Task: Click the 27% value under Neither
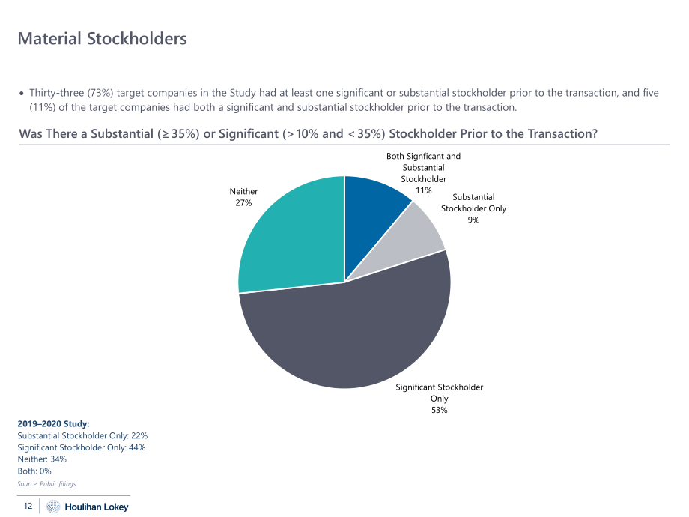pyautogui.click(x=243, y=202)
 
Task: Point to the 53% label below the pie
pyautogui.click(x=439, y=410)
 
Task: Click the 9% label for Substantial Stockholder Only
pyautogui.click(x=473, y=220)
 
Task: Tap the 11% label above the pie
pyautogui.click(x=424, y=190)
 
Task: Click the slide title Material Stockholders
pyautogui.click(x=103, y=39)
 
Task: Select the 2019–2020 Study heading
pyautogui.click(x=53, y=424)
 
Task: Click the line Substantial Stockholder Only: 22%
pyautogui.click(x=82, y=435)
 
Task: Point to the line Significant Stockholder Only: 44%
pyautogui.click(x=82, y=447)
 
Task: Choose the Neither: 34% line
pyautogui.click(x=42, y=459)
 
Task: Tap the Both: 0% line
pyautogui.click(x=34, y=471)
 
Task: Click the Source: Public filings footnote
pyautogui.click(x=47, y=484)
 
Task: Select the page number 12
pyautogui.click(x=28, y=506)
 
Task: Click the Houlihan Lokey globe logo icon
pyautogui.click(x=53, y=507)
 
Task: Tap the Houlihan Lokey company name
pyautogui.click(x=97, y=507)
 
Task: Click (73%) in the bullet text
pyautogui.click(x=100, y=93)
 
